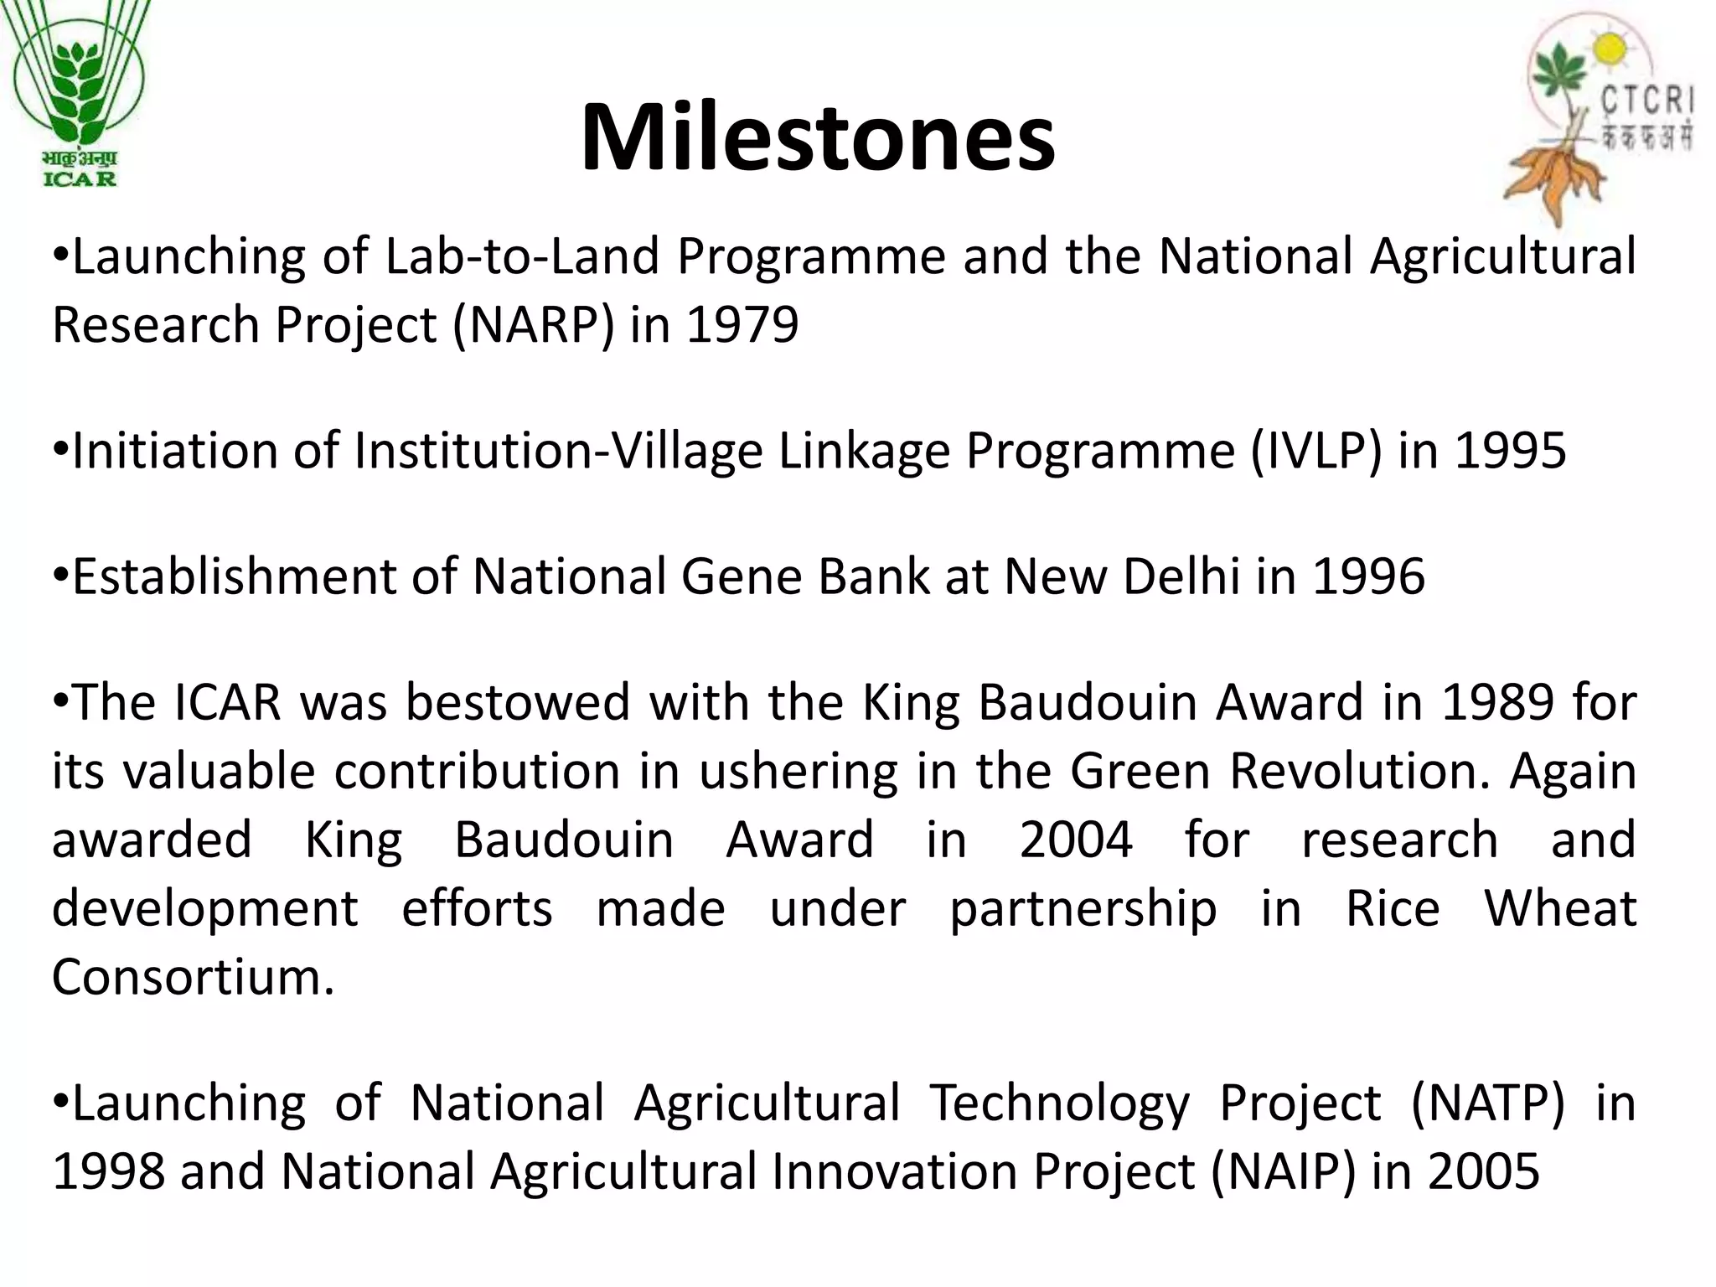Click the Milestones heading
[x=818, y=137]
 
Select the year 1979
[x=742, y=325]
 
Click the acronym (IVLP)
[x=1315, y=451]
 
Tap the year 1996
[x=1369, y=576]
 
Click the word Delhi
[x=1181, y=576]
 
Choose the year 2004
[x=1076, y=840]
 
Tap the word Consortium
[x=193, y=977]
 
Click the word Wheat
[x=1560, y=908]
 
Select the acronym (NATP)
[x=1487, y=1103]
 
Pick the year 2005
[x=1484, y=1171]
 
